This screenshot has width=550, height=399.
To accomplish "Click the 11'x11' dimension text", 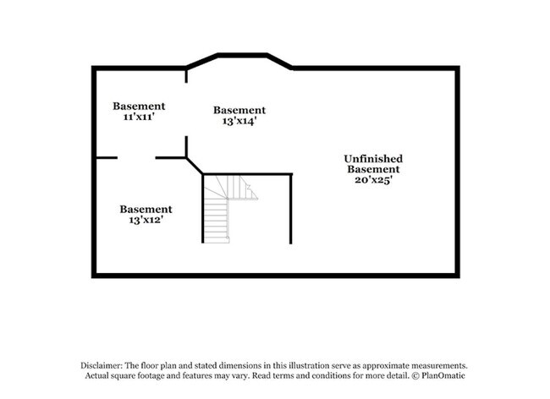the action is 139,117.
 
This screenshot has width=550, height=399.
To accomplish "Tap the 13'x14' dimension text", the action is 239,121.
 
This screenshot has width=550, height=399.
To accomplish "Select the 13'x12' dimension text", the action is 146,220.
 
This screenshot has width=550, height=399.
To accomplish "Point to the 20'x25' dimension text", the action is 373,180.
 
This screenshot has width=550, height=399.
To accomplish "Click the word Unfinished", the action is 373,159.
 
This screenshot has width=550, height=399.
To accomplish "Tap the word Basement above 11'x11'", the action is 139,106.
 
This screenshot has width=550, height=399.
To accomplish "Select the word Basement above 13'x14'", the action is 239,110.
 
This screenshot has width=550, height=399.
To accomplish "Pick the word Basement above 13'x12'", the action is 146,209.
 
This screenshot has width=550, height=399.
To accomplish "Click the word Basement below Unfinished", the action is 373,169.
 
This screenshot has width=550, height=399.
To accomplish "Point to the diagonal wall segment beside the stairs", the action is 195,166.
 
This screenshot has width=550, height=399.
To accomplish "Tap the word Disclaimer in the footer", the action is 102,365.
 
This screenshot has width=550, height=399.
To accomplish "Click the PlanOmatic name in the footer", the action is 443,375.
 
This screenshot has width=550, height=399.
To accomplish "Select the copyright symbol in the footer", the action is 415,375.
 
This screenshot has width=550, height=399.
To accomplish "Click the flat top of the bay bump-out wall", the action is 242,55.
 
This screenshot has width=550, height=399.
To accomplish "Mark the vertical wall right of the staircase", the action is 291,209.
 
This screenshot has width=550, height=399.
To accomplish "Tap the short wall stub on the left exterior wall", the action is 107,157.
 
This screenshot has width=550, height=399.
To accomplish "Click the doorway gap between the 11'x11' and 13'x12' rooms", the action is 136,157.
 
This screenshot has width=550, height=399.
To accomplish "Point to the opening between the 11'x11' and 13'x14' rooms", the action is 186,109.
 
